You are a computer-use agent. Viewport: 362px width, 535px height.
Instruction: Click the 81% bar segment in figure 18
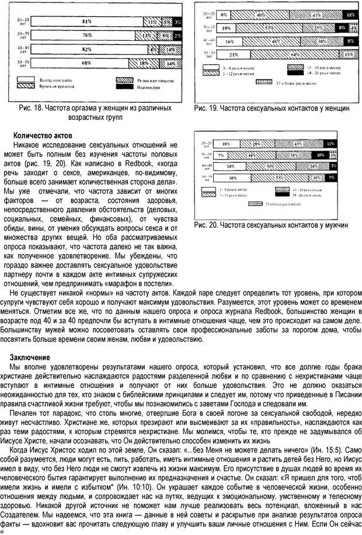86,22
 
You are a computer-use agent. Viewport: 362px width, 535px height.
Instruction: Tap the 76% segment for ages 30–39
86,36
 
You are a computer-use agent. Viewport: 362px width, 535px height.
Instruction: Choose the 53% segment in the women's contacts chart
270,27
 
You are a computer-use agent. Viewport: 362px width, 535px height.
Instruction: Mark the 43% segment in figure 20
297,143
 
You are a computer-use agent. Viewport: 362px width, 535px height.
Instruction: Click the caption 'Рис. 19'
210,108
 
